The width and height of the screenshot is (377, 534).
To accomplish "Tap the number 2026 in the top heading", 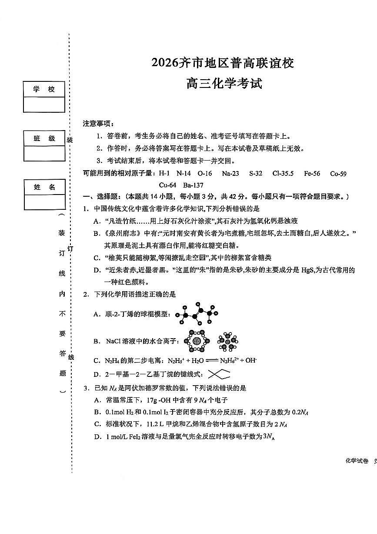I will (x=165, y=64).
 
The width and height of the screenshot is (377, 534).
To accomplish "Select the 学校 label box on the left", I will (x=44, y=89).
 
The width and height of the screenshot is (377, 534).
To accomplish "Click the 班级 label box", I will (x=44, y=138).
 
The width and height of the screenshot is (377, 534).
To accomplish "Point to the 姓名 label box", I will (x=44, y=187).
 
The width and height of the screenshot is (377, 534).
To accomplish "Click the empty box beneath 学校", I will (x=44, y=104).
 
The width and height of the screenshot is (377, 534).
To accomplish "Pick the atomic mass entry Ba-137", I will (x=194, y=185).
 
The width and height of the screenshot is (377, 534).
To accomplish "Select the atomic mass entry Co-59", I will (x=338, y=174).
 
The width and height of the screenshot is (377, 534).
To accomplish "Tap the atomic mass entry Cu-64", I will (x=167, y=185).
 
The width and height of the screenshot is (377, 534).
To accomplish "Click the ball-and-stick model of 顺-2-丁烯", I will (x=197, y=313).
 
